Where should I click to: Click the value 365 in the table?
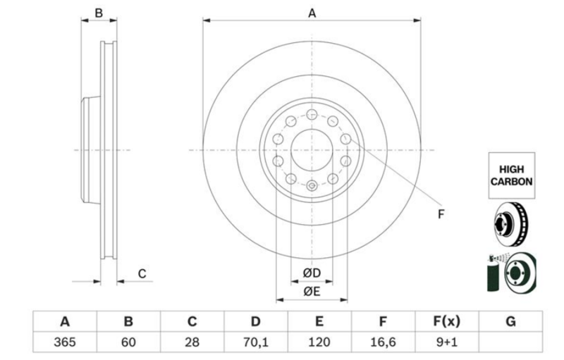(65, 342)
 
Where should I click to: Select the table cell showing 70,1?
(256, 342)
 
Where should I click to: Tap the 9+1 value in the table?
(447, 342)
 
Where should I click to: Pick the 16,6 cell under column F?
(383, 342)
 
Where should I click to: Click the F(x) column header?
(447, 321)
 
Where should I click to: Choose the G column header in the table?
(510, 321)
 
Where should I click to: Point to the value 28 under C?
(192, 342)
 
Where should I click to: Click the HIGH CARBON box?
(512, 175)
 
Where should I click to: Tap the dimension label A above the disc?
(312, 13)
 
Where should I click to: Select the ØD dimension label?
(312, 273)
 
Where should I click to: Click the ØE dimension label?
(312, 291)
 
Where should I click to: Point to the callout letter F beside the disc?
(441, 214)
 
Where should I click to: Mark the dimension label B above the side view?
(99, 13)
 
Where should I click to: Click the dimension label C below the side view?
(142, 274)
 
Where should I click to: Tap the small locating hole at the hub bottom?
(312, 186)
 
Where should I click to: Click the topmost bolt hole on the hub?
(312, 115)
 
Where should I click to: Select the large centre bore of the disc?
(312, 150)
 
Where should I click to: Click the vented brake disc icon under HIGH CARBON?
(510, 224)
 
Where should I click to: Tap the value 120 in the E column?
(319, 342)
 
